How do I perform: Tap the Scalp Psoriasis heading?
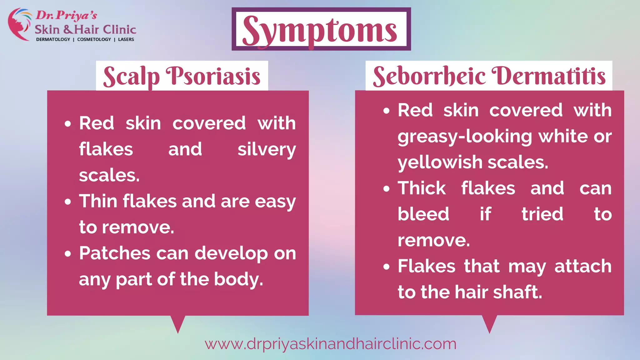[x=182, y=76]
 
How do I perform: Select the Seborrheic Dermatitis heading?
[x=489, y=76]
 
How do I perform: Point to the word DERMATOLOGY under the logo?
[x=53, y=39]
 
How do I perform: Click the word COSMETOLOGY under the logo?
[x=94, y=39]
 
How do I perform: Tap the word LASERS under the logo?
[x=126, y=39]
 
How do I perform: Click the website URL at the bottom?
[x=330, y=344]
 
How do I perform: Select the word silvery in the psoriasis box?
[x=267, y=149]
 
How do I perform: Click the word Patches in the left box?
[x=114, y=253]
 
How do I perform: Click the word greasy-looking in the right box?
[x=465, y=137]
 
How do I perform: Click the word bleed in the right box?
[x=423, y=214]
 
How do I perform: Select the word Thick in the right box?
[x=422, y=188]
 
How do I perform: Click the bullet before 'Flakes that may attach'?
[x=387, y=267]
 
